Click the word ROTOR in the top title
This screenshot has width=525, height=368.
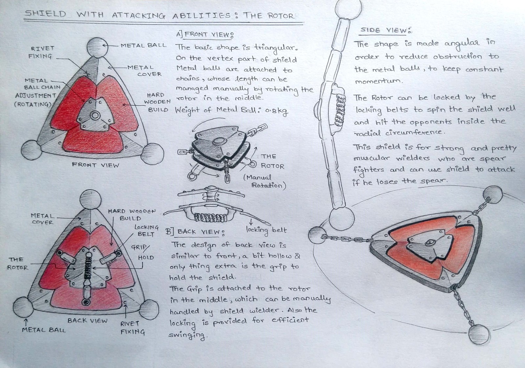(280, 16)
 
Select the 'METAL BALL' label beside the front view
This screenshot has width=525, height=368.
(143, 45)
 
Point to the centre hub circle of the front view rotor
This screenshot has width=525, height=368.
(95, 115)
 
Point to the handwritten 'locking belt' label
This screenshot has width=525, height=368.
(266, 230)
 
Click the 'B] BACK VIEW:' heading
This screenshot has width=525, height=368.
(195, 232)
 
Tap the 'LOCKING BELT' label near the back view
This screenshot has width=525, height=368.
(146, 230)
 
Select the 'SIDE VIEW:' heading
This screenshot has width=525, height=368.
(386, 31)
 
